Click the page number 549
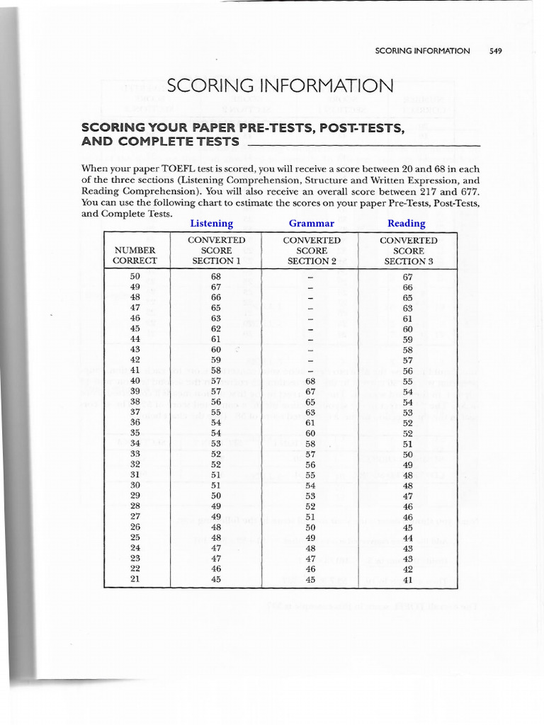coord(495,51)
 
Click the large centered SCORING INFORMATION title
coord(279,86)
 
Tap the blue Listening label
coord(211,224)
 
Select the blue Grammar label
coord(311,224)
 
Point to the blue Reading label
coord(407,224)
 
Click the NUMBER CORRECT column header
coord(135,256)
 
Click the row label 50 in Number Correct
coord(135,277)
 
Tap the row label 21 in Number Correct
coord(135,579)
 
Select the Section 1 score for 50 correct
coord(216,277)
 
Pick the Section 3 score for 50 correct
coord(407,277)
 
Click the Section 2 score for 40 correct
coord(310,381)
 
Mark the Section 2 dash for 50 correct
coord(310,277)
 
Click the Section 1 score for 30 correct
coord(216,485)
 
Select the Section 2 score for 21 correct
coord(310,579)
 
